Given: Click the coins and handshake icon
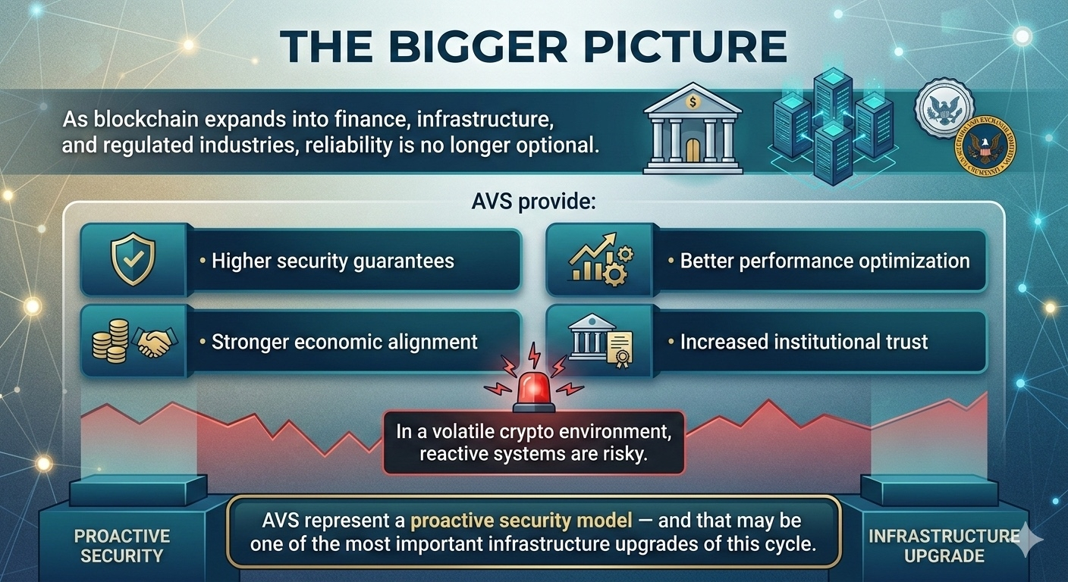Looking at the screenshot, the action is coord(132,341).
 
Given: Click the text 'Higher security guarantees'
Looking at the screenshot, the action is coord(332,261).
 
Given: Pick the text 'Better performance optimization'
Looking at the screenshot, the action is coord(825,261).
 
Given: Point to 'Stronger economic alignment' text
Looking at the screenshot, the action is coord(344,342).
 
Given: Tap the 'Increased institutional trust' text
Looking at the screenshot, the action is coord(803,342).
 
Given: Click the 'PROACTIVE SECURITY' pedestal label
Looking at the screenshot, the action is coord(121,546).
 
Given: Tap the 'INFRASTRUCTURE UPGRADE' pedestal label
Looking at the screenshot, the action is coord(944,546).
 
